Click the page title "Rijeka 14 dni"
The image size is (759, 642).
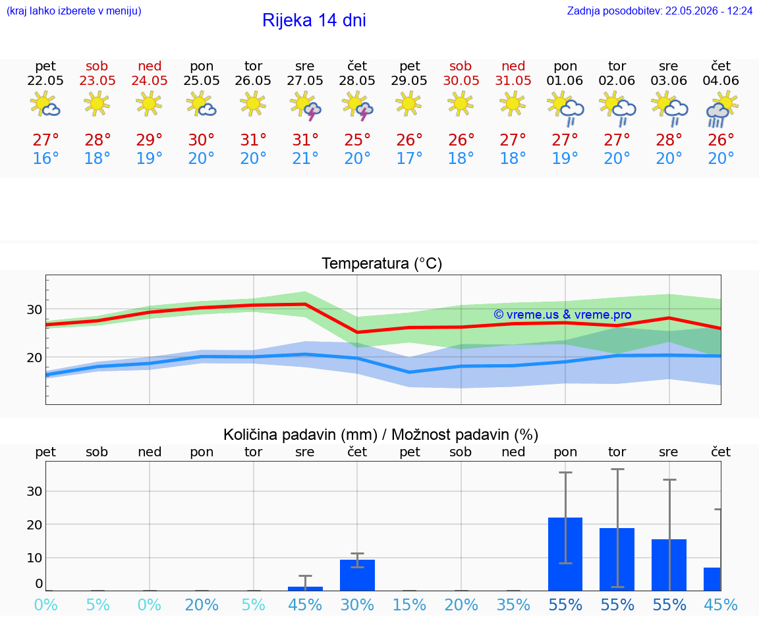point(314,20)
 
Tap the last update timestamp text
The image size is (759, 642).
point(660,11)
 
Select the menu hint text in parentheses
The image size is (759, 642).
point(74,11)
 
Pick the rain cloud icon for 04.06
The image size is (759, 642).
point(721,109)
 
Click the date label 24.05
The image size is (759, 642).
point(150,80)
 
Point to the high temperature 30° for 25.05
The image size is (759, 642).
point(202,140)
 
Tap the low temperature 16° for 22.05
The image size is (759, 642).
point(45,158)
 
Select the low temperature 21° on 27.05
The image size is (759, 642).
point(306,158)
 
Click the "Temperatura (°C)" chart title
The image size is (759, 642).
point(382,263)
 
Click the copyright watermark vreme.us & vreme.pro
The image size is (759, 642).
point(563,315)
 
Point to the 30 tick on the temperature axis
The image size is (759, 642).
point(34,309)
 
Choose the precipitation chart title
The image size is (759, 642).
point(381,435)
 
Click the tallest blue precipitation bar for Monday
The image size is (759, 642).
point(565,554)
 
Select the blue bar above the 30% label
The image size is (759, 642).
point(357,575)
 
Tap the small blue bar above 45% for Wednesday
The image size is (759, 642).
point(306,589)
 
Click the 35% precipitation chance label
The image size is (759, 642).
point(513,604)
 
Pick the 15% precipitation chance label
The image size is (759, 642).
point(410,604)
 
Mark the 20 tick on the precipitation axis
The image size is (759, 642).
point(34,525)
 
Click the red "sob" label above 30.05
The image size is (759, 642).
point(461,66)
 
